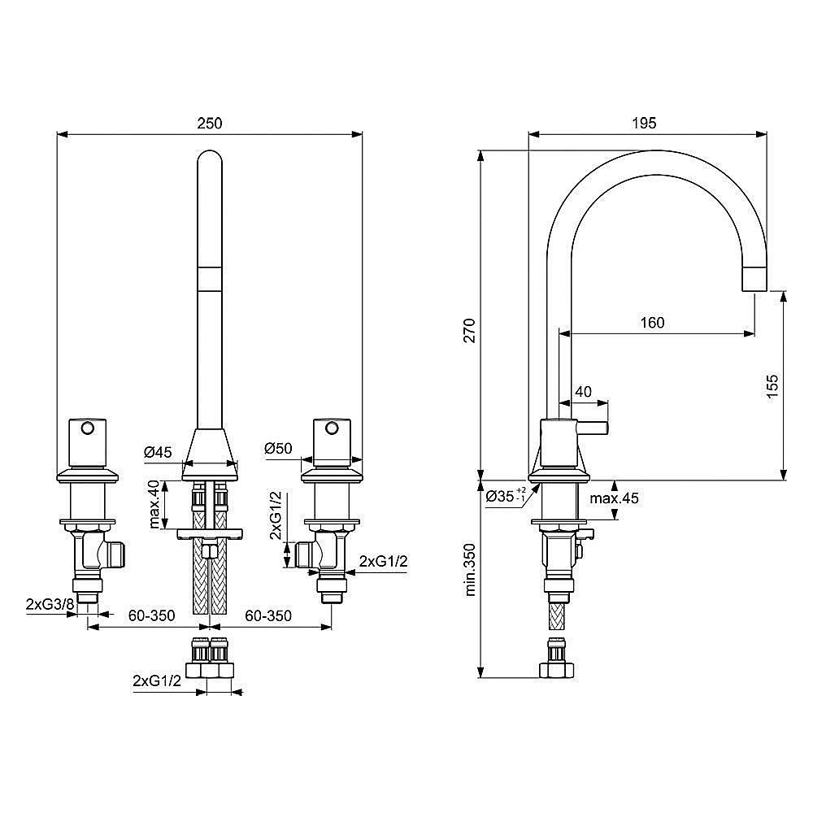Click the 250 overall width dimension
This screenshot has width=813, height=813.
coord(210,123)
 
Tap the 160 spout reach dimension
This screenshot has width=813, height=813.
coord(651,322)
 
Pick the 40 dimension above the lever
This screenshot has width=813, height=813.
coord(583,391)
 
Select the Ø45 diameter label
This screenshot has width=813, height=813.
coord(159,453)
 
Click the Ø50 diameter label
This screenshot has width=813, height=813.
coord(279,448)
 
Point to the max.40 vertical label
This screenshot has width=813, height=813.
coord(154,504)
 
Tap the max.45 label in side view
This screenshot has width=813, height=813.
coord(614,498)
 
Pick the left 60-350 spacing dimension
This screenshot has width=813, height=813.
coord(151,615)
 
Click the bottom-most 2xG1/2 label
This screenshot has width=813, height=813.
coord(157,680)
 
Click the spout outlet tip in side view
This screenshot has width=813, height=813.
coord(755,280)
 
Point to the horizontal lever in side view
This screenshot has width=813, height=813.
coord(593,428)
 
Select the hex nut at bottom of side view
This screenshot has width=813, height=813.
coord(557,669)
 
